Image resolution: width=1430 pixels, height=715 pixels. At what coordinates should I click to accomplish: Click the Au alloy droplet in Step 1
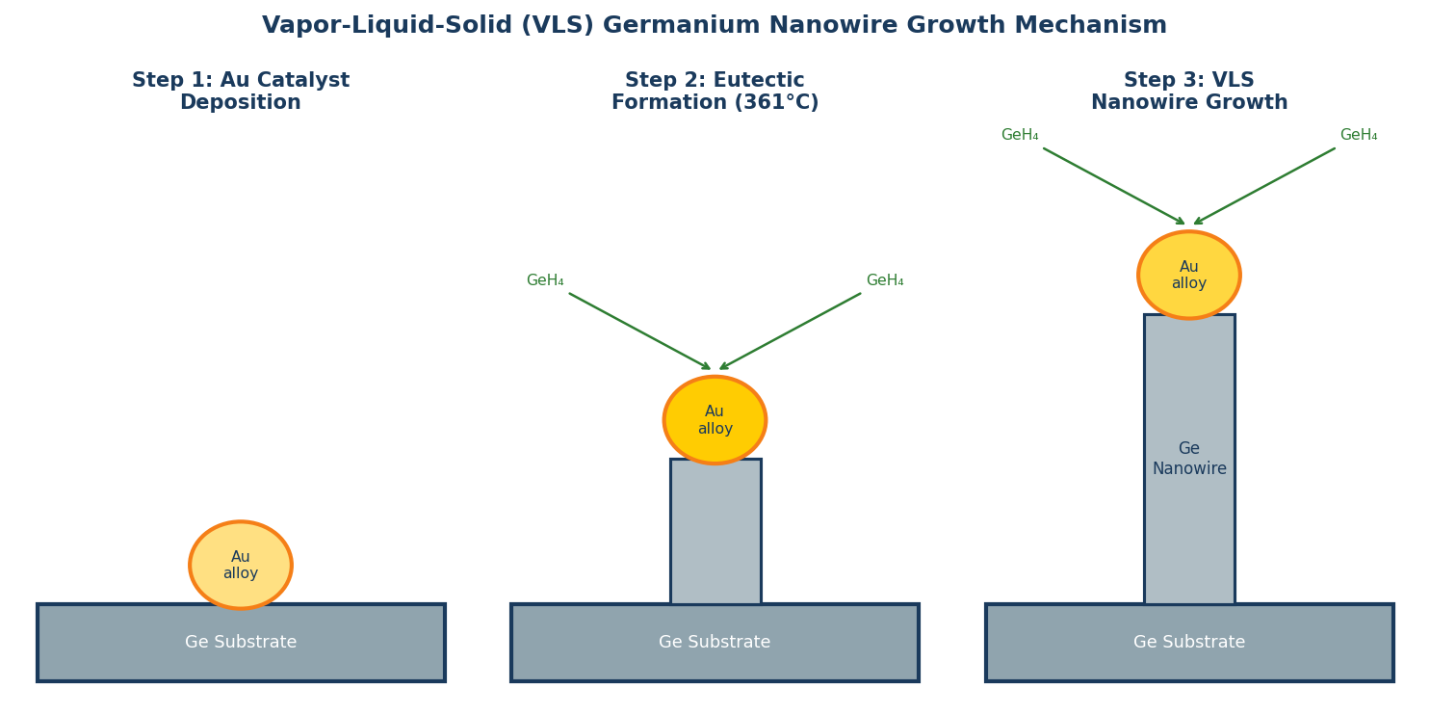coord(241,565)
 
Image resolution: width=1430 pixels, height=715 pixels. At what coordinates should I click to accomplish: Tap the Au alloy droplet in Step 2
coord(715,420)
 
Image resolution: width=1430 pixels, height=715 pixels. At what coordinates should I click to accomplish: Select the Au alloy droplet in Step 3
coord(1189,275)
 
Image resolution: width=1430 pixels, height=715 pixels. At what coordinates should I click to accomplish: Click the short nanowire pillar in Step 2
coord(715,532)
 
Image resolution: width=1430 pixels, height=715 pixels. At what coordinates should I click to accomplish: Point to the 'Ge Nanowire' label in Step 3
coord(1189,459)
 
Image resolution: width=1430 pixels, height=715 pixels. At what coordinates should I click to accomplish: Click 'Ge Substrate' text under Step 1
coord(241,643)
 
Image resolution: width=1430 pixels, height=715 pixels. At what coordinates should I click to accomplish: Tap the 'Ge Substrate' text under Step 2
coord(715,643)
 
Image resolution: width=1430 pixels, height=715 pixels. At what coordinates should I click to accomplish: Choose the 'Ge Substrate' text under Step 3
coord(1189,643)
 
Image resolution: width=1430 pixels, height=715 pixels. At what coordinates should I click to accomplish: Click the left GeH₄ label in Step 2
coord(545,280)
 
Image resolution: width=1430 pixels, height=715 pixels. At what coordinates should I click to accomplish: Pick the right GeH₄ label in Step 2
coord(885,280)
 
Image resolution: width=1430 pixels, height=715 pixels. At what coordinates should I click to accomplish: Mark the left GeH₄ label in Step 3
coord(1020,135)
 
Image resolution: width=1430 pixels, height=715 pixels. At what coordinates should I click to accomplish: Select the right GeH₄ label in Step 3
coord(1359,135)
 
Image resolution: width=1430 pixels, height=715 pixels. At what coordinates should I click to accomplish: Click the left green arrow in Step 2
coord(640,331)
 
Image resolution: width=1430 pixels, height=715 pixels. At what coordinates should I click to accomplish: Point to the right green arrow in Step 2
coord(790,331)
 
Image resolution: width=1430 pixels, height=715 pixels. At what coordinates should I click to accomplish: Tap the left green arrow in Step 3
coord(1114,186)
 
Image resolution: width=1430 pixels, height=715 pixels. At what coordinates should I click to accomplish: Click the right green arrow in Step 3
coord(1264,186)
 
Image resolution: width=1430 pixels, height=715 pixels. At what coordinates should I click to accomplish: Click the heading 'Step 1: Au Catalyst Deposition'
coord(241,92)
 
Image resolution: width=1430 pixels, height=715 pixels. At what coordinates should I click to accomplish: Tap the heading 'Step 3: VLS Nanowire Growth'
coord(1189,92)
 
